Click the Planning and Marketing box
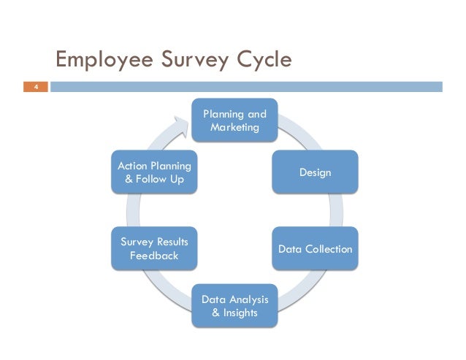tap(234, 120)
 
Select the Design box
tap(315, 172)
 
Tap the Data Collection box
tap(315, 249)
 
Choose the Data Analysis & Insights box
tap(234, 306)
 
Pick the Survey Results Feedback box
tap(153, 249)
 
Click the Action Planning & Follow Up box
tap(153, 172)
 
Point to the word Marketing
tap(234, 128)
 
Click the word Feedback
tap(153, 256)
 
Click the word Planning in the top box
tap(224, 114)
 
